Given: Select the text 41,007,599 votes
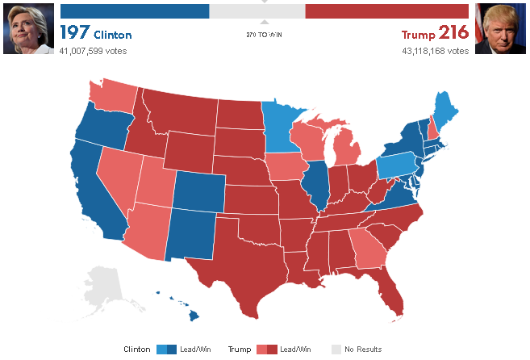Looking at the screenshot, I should point(93,51).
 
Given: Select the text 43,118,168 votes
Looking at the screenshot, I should point(435,51).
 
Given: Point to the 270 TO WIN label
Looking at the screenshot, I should point(265,35).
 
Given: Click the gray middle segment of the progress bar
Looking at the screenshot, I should point(257,11).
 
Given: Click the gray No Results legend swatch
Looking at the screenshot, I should point(336,350).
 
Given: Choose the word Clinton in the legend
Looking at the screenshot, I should point(137,350).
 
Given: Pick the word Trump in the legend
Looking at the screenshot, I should point(239,350).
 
